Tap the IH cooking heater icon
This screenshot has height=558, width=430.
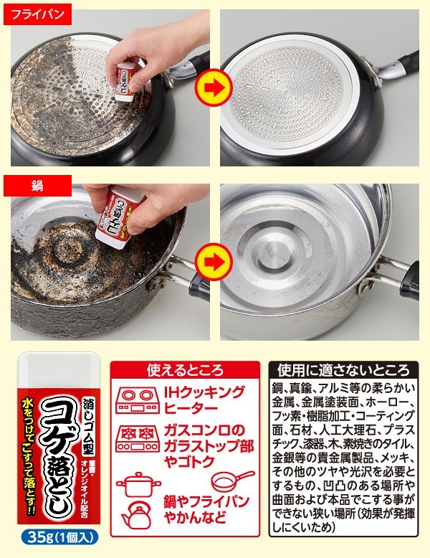136,401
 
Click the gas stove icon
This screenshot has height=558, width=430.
136,437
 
